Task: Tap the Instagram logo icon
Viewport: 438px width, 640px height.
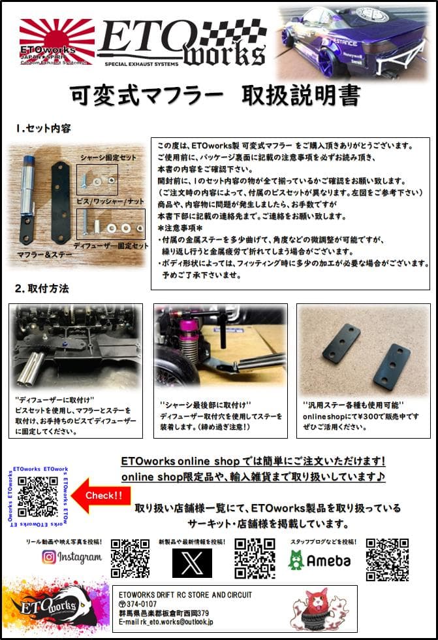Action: point(48,557)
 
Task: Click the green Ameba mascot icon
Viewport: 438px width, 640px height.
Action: point(296,560)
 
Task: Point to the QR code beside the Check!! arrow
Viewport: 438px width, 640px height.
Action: point(38,496)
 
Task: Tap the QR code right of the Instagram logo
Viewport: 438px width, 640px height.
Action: point(130,559)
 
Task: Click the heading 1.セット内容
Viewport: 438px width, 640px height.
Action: point(44,129)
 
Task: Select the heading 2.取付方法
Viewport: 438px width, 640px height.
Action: point(42,288)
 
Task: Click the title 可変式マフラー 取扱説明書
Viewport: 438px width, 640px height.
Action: point(216,96)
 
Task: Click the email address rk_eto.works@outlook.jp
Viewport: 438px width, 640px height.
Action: point(178,622)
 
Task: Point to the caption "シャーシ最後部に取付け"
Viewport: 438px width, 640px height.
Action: point(206,405)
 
